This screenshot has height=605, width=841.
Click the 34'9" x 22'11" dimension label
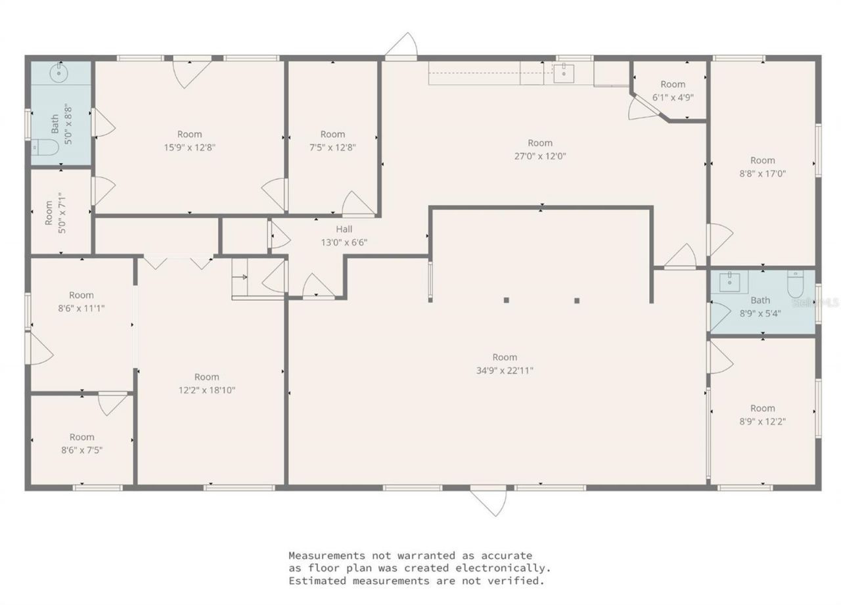[505, 370]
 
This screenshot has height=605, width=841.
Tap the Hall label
[344, 229]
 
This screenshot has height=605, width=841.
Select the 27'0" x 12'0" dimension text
[540, 156]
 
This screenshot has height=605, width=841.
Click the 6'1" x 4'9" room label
[673, 97]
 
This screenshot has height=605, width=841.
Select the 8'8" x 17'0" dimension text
[763, 174]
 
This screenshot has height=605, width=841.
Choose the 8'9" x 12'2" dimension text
[763, 422]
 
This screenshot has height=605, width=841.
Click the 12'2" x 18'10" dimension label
[206, 390]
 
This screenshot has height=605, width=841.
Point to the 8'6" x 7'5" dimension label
[82, 451]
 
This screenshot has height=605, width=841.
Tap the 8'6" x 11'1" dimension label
[81, 309]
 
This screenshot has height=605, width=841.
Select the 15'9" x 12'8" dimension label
[190, 148]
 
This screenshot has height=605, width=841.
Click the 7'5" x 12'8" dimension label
[332, 148]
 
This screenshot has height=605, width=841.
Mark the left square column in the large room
[507, 300]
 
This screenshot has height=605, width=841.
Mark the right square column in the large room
[577, 300]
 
